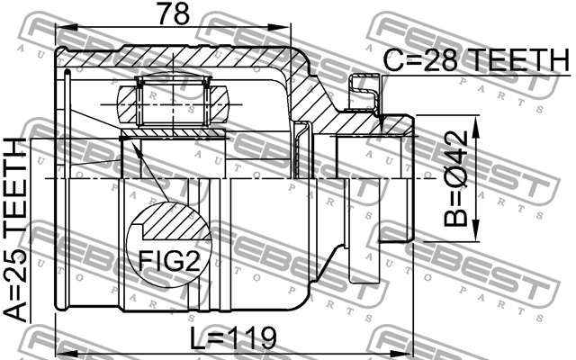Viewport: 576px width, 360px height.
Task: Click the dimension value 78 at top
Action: click(x=173, y=13)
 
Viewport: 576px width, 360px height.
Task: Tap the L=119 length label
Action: click(x=233, y=338)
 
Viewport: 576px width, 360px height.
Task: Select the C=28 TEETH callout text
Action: click(x=476, y=60)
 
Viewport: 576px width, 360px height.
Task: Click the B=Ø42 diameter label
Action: click(x=455, y=179)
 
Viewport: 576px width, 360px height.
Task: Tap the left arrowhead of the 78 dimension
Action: click(x=66, y=27)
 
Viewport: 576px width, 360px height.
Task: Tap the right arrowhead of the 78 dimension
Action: click(x=279, y=27)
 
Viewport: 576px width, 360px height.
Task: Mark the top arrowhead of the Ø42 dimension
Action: click(x=476, y=127)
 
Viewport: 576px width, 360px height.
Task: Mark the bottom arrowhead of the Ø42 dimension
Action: click(x=476, y=230)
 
